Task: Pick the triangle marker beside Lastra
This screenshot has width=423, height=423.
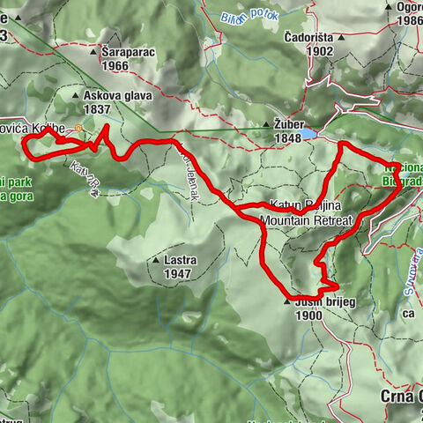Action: pyautogui.click(x=156, y=261)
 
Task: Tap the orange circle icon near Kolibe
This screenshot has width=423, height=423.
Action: pyautogui.click(x=78, y=129)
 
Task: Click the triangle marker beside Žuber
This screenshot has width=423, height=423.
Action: pyautogui.click(x=266, y=126)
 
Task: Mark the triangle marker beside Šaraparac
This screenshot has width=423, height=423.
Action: pyautogui.click(x=95, y=52)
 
